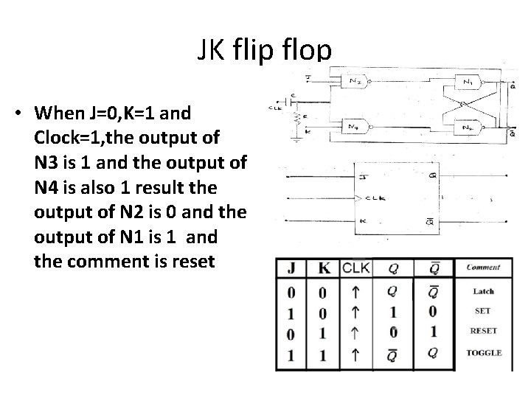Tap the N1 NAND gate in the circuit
[x=468, y=82]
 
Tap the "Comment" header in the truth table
[x=483, y=268]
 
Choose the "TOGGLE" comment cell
[x=484, y=353]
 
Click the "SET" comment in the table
[x=483, y=311]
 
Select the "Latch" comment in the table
[x=483, y=291]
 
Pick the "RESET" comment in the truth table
[x=483, y=332]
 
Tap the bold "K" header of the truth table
[x=322, y=268]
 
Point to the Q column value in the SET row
[x=393, y=311]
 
